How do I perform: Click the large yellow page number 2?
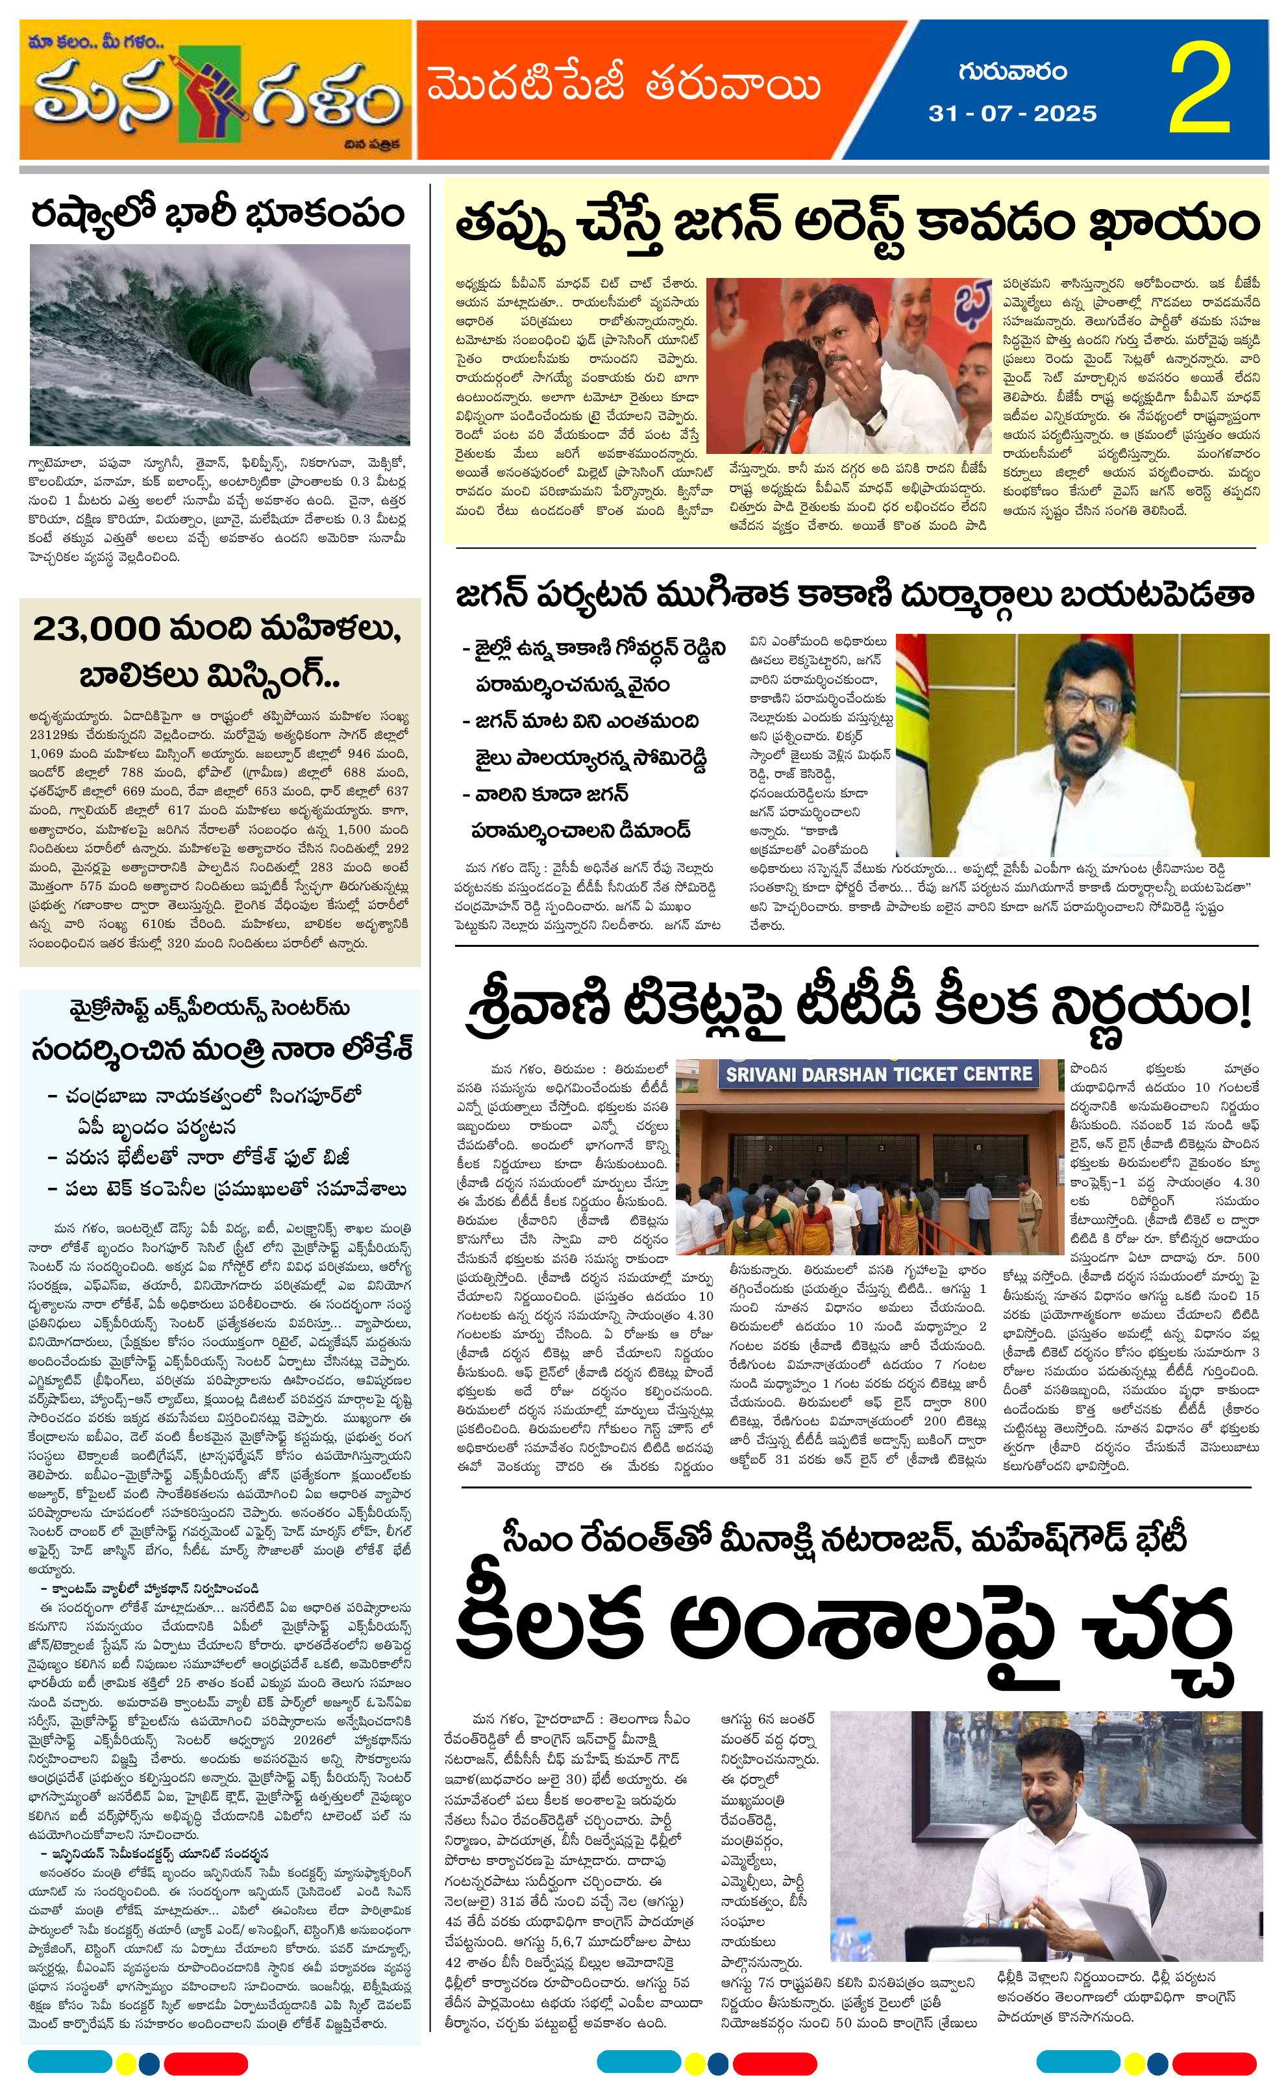[1201, 91]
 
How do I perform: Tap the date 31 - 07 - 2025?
[1012, 113]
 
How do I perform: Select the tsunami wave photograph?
[220, 344]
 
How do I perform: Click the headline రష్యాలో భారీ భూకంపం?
[218, 215]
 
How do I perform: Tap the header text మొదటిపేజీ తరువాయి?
[624, 87]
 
